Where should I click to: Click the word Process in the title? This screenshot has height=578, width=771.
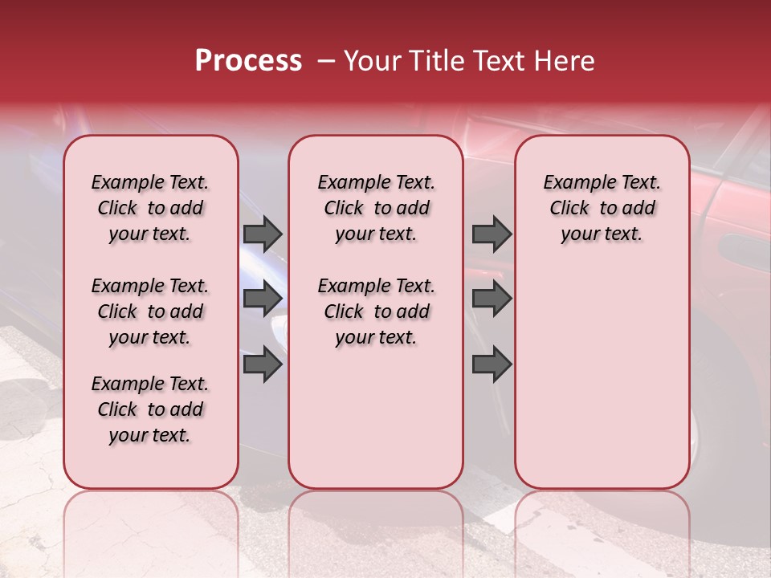pos(248,61)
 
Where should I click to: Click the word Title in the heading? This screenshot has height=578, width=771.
pos(435,61)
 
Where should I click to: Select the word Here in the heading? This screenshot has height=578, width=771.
pos(565,61)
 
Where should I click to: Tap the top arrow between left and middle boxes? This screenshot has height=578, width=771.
pos(262,234)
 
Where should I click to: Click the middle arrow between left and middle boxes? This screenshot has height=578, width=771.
pos(262,299)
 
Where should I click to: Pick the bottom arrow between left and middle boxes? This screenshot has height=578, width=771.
pos(262,364)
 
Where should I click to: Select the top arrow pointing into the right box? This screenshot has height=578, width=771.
pos(492,234)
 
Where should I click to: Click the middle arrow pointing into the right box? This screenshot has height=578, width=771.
pos(492,299)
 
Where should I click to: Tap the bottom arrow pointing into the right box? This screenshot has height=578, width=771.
pos(492,364)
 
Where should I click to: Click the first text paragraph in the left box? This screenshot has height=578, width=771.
pos(150,208)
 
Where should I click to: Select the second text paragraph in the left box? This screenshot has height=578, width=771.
pos(150,311)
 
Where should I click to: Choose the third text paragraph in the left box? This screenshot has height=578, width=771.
pos(150,409)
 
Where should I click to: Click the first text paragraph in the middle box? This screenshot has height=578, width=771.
pos(376,208)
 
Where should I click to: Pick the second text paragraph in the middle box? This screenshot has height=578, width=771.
pos(376,311)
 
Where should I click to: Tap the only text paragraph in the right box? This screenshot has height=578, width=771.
pos(602,208)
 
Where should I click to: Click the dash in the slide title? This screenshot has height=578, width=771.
pos(326,61)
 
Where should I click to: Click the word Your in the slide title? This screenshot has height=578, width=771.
pos(370,61)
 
